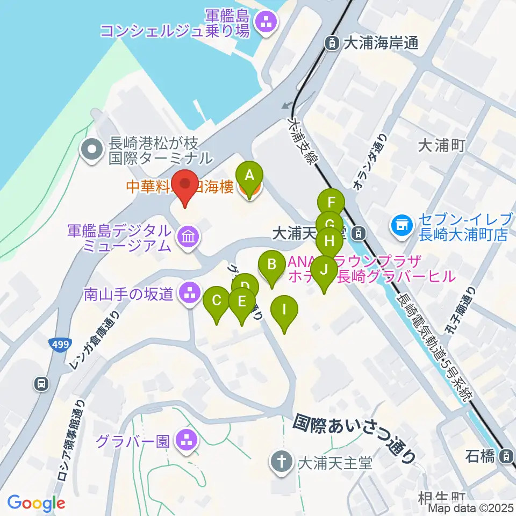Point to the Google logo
36,503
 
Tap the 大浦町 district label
440,145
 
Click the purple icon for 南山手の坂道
189,293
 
